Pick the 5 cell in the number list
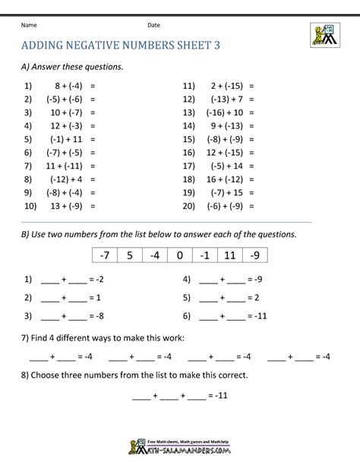pyautogui.click(x=130, y=255)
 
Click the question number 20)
pyautogui.click(x=189, y=205)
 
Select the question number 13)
pyautogui.click(x=189, y=112)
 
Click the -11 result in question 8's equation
pyautogui.click(x=221, y=396)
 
